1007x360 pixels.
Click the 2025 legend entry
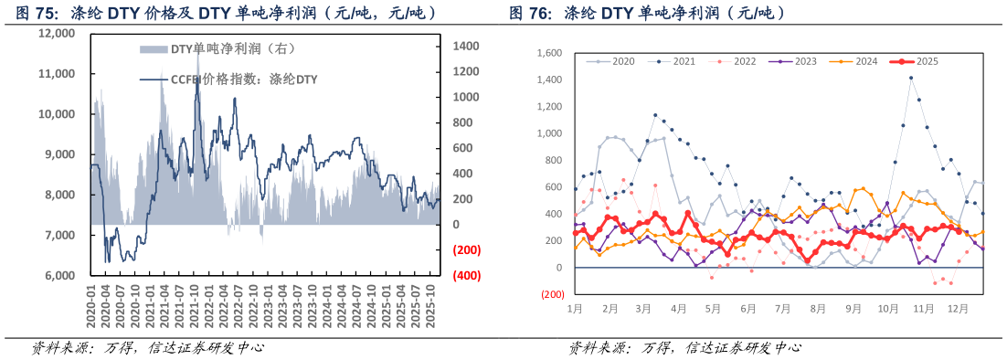pos(913,61)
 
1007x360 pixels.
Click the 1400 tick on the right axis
pos(467,46)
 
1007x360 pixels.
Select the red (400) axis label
pos(467,275)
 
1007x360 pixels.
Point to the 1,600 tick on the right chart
pos(549,53)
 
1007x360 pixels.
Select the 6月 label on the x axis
pos(748,309)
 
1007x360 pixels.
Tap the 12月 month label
pos(957,309)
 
